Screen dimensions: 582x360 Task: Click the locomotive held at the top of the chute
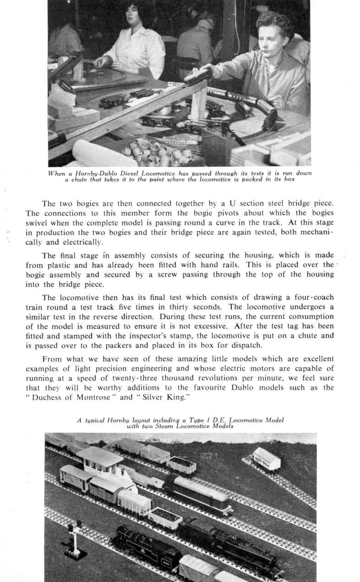[x=198, y=76]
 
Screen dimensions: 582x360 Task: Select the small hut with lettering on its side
[x=267, y=458]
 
